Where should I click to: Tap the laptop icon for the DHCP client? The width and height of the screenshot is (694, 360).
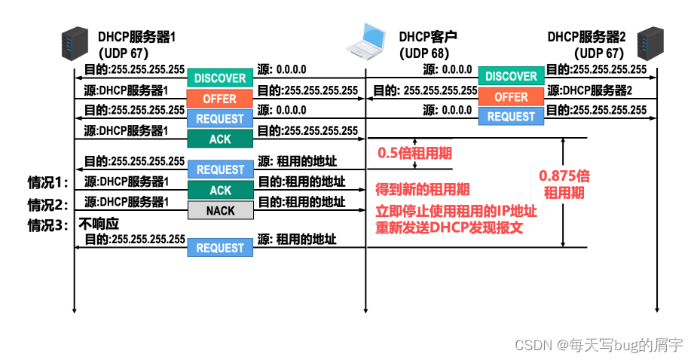click(x=366, y=42)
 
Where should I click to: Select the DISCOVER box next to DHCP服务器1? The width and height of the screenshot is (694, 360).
click(x=220, y=78)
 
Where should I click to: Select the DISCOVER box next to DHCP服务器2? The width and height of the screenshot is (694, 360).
click(x=511, y=76)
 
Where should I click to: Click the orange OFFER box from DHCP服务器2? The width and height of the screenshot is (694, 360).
click(x=511, y=97)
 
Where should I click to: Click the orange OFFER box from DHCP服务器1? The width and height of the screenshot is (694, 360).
click(x=220, y=99)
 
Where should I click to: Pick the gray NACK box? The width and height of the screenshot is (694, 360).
click(x=220, y=211)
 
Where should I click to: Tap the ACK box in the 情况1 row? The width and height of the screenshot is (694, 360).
click(x=220, y=190)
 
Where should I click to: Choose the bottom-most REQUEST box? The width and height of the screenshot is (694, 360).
click(x=220, y=248)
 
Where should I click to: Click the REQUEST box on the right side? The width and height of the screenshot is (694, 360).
click(x=511, y=117)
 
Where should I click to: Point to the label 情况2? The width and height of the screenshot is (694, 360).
click(x=47, y=204)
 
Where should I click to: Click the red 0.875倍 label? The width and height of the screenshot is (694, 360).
click(x=564, y=175)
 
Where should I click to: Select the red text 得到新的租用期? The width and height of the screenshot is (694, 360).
click(x=422, y=190)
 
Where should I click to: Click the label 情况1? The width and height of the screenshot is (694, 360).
click(x=47, y=182)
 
